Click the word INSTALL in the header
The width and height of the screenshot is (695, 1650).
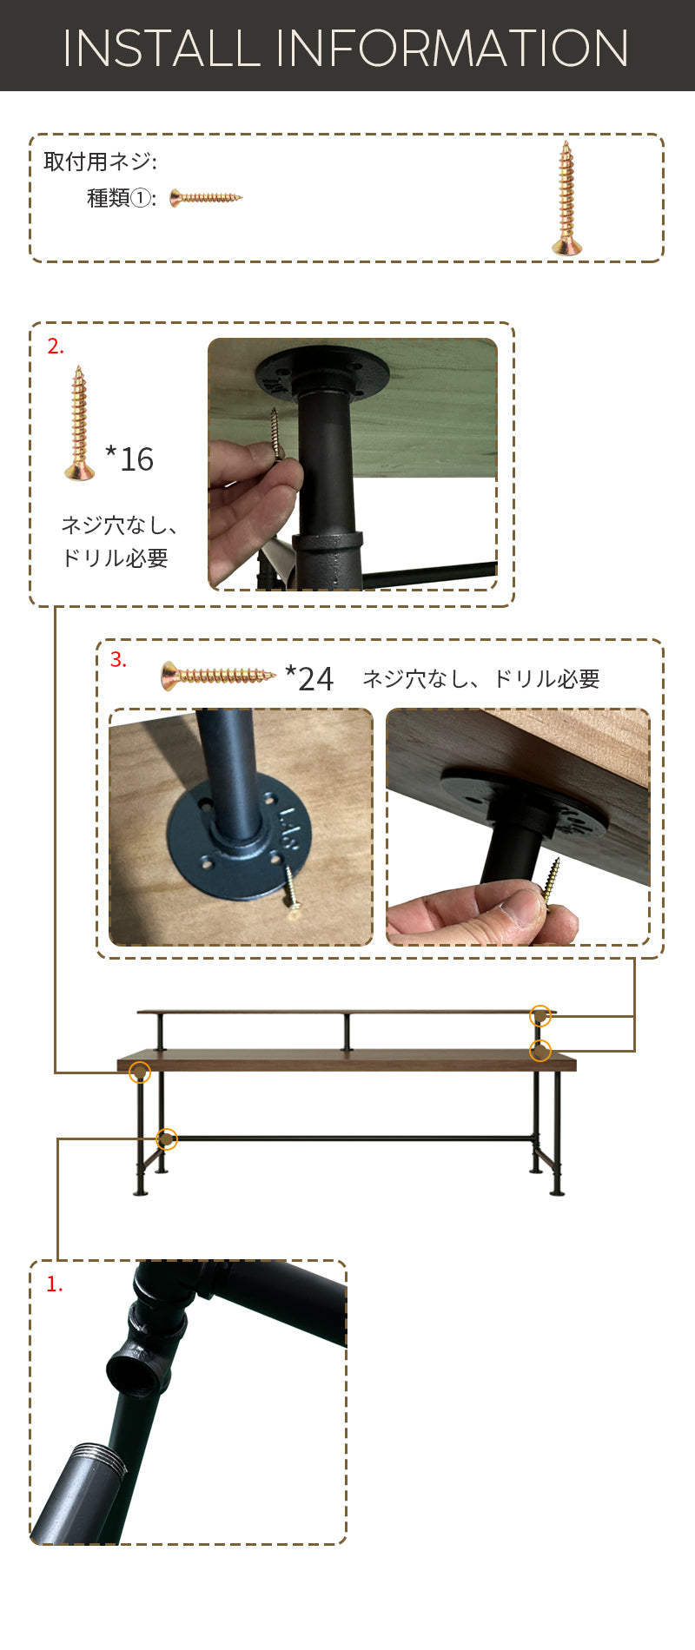pyautogui.click(x=162, y=49)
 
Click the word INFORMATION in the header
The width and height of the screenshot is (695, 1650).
pyautogui.click(x=453, y=49)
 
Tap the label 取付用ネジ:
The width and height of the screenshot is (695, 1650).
pyautogui.click(x=100, y=162)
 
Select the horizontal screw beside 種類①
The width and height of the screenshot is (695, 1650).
pyautogui.click(x=206, y=198)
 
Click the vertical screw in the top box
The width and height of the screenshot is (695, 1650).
pyautogui.click(x=566, y=198)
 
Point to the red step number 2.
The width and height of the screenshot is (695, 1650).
pyautogui.click(x=56, y=346)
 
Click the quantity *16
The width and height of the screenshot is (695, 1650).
pyautogui.click(x=129, y=459)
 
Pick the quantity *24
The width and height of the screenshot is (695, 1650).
pyautogui.click(x=309, y=678)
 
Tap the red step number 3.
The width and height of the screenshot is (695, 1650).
pyautogui.click(x=118, y=660)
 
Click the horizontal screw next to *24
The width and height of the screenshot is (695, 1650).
pyautogui.click(x=219, y=676)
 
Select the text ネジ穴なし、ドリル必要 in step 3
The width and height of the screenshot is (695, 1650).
pyautogui.click(x=481, y=679)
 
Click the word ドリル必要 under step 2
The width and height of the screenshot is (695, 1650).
pyautogui.click(x=115, y=558)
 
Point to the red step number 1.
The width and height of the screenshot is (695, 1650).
pyautogui.click(x=55, y=1284)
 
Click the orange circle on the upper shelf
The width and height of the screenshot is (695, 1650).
pyautogui.click(x=540, y=1016)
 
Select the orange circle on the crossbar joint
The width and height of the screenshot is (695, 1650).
pyautogui.click(x=167, y=1138)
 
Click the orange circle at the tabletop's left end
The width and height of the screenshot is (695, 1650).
pyautogui.click(x=140, y=1072)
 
